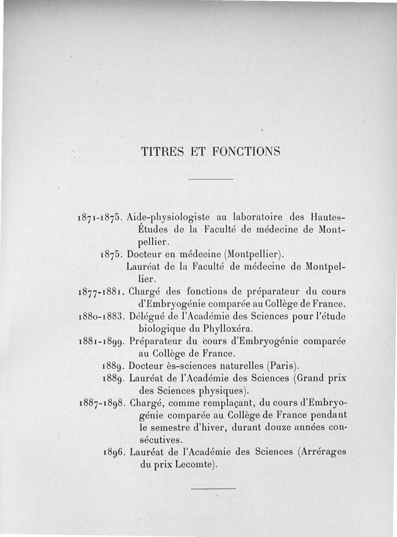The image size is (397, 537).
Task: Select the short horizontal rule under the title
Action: (x=211, y=179)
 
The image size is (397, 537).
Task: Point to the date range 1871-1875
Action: (x=101, y=218)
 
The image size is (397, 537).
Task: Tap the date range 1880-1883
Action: (x=101, y=316)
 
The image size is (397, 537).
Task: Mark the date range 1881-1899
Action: (x=101, y=341)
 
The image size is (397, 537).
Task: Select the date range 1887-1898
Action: (x=101, y=403)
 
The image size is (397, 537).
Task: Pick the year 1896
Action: (x=115, y=452)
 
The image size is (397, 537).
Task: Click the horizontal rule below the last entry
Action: (x=213, y=489)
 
